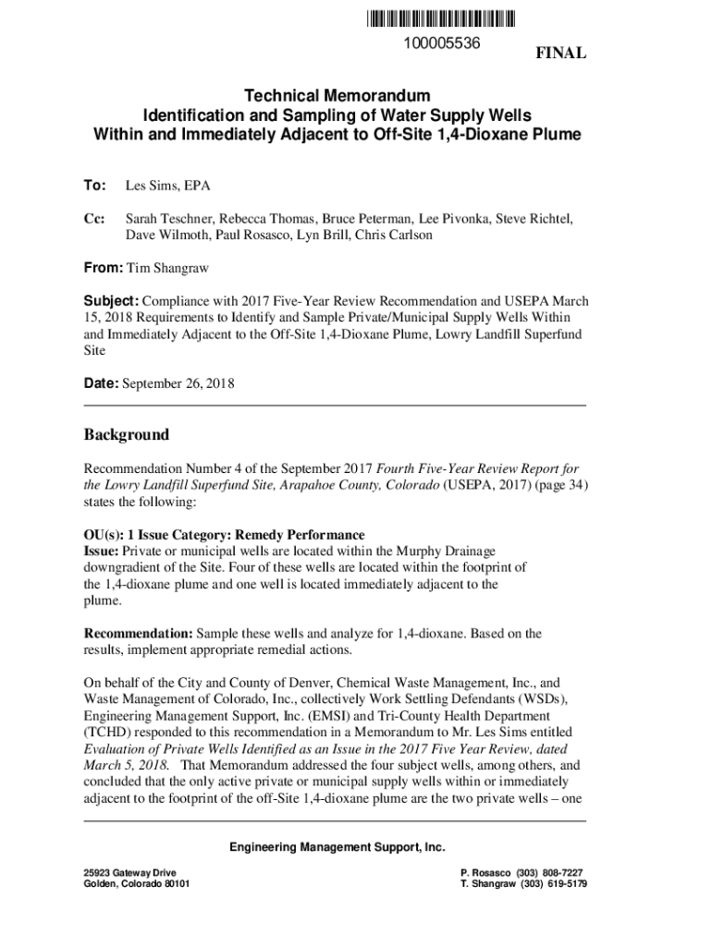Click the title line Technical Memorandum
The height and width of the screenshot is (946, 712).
338,96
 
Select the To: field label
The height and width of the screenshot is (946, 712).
95,186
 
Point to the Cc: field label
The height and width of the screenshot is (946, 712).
94,219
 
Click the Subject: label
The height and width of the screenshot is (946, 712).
111,301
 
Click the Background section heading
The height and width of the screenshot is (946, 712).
127,434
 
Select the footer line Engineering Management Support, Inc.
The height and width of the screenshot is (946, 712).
338,847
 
